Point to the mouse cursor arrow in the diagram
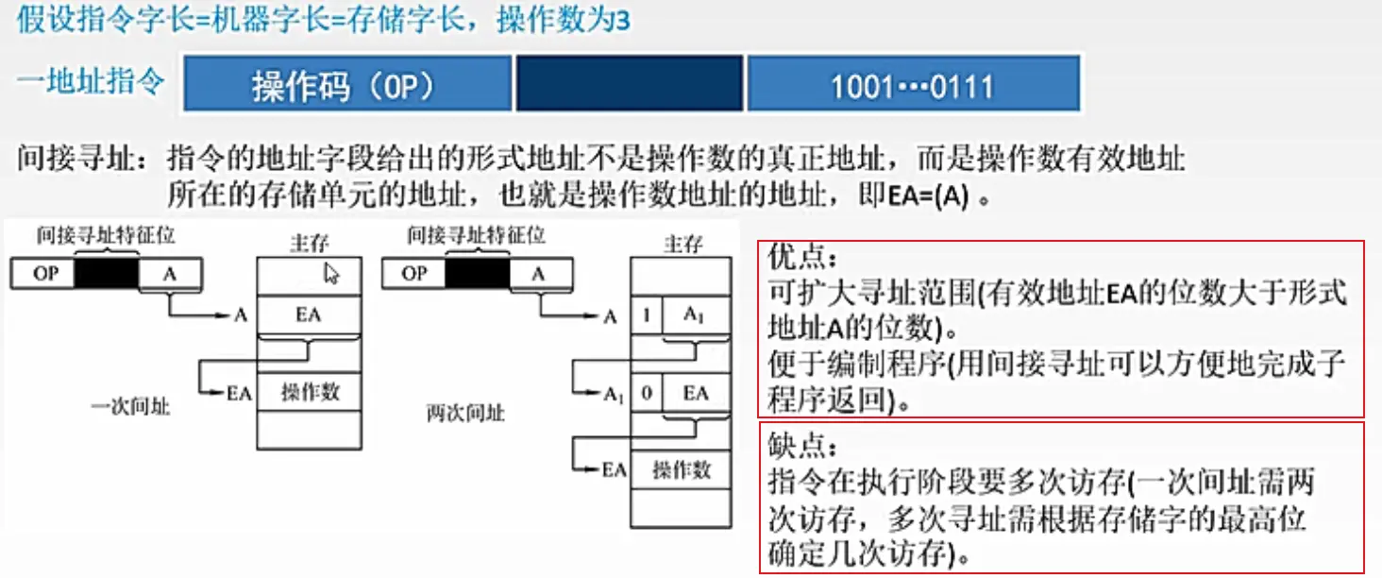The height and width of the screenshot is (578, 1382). click(x=330, y=274)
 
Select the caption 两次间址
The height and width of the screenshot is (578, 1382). click(x=465, y=413)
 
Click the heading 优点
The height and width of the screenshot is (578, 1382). click(x=803, y=256)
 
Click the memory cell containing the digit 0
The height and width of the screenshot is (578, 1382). click(x=646, y=392)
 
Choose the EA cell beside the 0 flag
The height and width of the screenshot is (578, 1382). click(x=696, y=392)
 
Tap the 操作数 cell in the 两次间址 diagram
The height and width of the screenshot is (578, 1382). click(x=681, y=469)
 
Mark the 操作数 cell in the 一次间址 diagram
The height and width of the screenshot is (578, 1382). click(x=309, y=392)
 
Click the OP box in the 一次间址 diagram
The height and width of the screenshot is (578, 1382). click(x=44, y=274)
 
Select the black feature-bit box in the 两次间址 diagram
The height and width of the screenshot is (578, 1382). click(x=476, y=274)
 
